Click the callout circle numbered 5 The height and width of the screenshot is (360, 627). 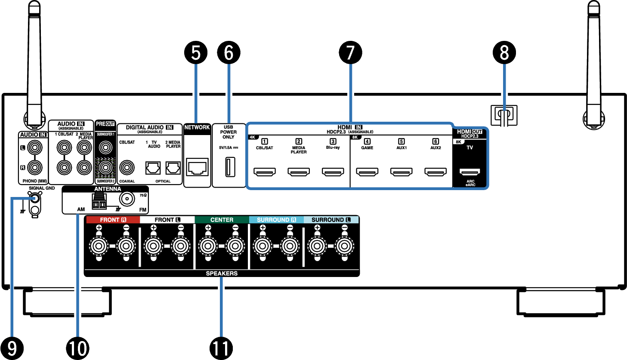click(x=196, y=52)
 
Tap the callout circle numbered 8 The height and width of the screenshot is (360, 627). click(x=504, y=52)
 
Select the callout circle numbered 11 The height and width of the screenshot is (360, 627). click(x=221, y=348)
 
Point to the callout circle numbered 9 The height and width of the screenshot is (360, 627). click(x=12, y=348)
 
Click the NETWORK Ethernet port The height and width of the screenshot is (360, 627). click(x=198, y=167)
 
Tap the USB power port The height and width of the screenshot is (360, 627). click(x=230, y=167)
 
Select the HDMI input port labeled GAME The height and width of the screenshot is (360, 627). click(x=367, y=172)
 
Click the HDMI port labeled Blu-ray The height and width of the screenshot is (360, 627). click(x=333, y=172)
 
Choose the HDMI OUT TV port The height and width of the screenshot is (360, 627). click(x=469, y=172)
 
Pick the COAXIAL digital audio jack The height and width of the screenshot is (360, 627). click(x=127, y=168)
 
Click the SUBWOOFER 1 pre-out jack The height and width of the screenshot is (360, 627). click(x=105, y=147)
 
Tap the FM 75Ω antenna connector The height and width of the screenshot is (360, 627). click(x=127, y=199)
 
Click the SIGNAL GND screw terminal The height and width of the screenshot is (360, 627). click(x=35, y=198)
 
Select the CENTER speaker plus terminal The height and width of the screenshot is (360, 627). click(x=208, y=246)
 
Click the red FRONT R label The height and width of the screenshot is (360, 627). click(x=113, y=220)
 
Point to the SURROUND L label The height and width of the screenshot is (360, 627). click(x=331, y=220)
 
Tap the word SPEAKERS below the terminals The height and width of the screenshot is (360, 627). click(x=222, y=273)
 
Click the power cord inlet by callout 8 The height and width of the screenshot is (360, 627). click(x=504, y=115)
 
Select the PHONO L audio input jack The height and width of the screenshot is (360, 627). click(x=35, y=148)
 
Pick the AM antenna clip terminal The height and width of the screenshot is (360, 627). click(x=99, y=201)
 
